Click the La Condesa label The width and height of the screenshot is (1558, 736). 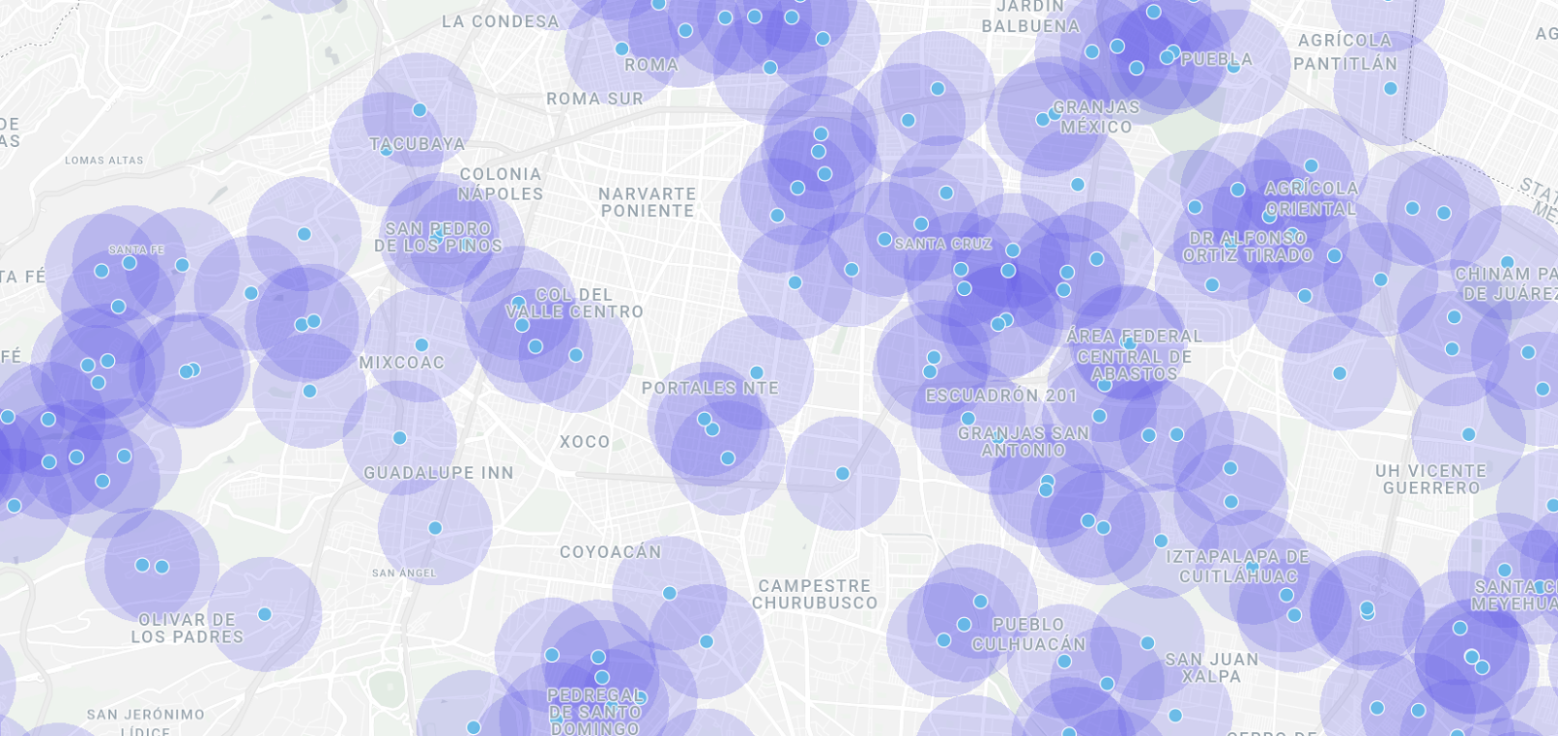(501, 21)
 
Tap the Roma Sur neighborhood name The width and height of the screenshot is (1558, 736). (594, 99)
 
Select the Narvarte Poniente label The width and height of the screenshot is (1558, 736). (647, 202)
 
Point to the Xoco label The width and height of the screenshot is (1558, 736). (584, 442)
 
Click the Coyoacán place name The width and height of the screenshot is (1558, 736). (611, 552)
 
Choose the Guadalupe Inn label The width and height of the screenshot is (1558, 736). (438, 473)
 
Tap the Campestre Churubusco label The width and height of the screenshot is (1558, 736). (814, 594)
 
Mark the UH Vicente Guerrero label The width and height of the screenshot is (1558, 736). (1430, 479)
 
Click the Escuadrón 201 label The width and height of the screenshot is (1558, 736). (1001, 396)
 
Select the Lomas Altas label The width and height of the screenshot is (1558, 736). (104, 161)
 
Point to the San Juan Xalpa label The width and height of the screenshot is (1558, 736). (1212, 668)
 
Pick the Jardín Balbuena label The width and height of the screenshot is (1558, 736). (1030, 18)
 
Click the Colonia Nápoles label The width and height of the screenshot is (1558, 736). (501, 184)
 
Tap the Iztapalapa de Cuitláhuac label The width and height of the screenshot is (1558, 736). (1238, 567)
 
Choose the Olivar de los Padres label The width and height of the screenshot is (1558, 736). (187, 628)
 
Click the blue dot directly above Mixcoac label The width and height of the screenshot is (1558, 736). (422, 345)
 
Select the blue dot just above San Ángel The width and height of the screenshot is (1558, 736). (435, 528)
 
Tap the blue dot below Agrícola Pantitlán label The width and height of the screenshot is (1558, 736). (1391, 89)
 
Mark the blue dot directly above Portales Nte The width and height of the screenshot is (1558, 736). (757, 373)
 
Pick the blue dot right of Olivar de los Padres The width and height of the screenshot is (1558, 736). (265, 614)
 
